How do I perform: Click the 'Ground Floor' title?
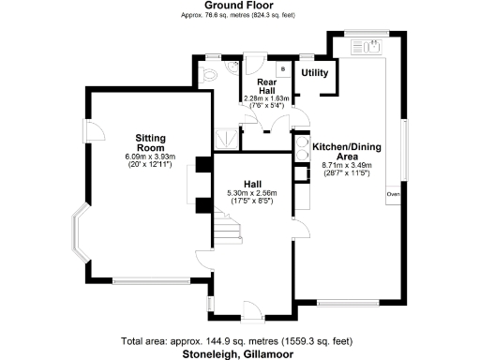click(240, 5)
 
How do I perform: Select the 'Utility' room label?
click(312, 72)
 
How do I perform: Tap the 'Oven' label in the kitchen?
click(393, 195)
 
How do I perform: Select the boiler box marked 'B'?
click(281, 68)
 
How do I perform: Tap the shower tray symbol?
click(226, 137)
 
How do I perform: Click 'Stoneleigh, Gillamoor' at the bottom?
click(240, 353)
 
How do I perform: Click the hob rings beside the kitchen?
click(303, 148)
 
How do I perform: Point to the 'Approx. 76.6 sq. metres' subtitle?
click(240, 16)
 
